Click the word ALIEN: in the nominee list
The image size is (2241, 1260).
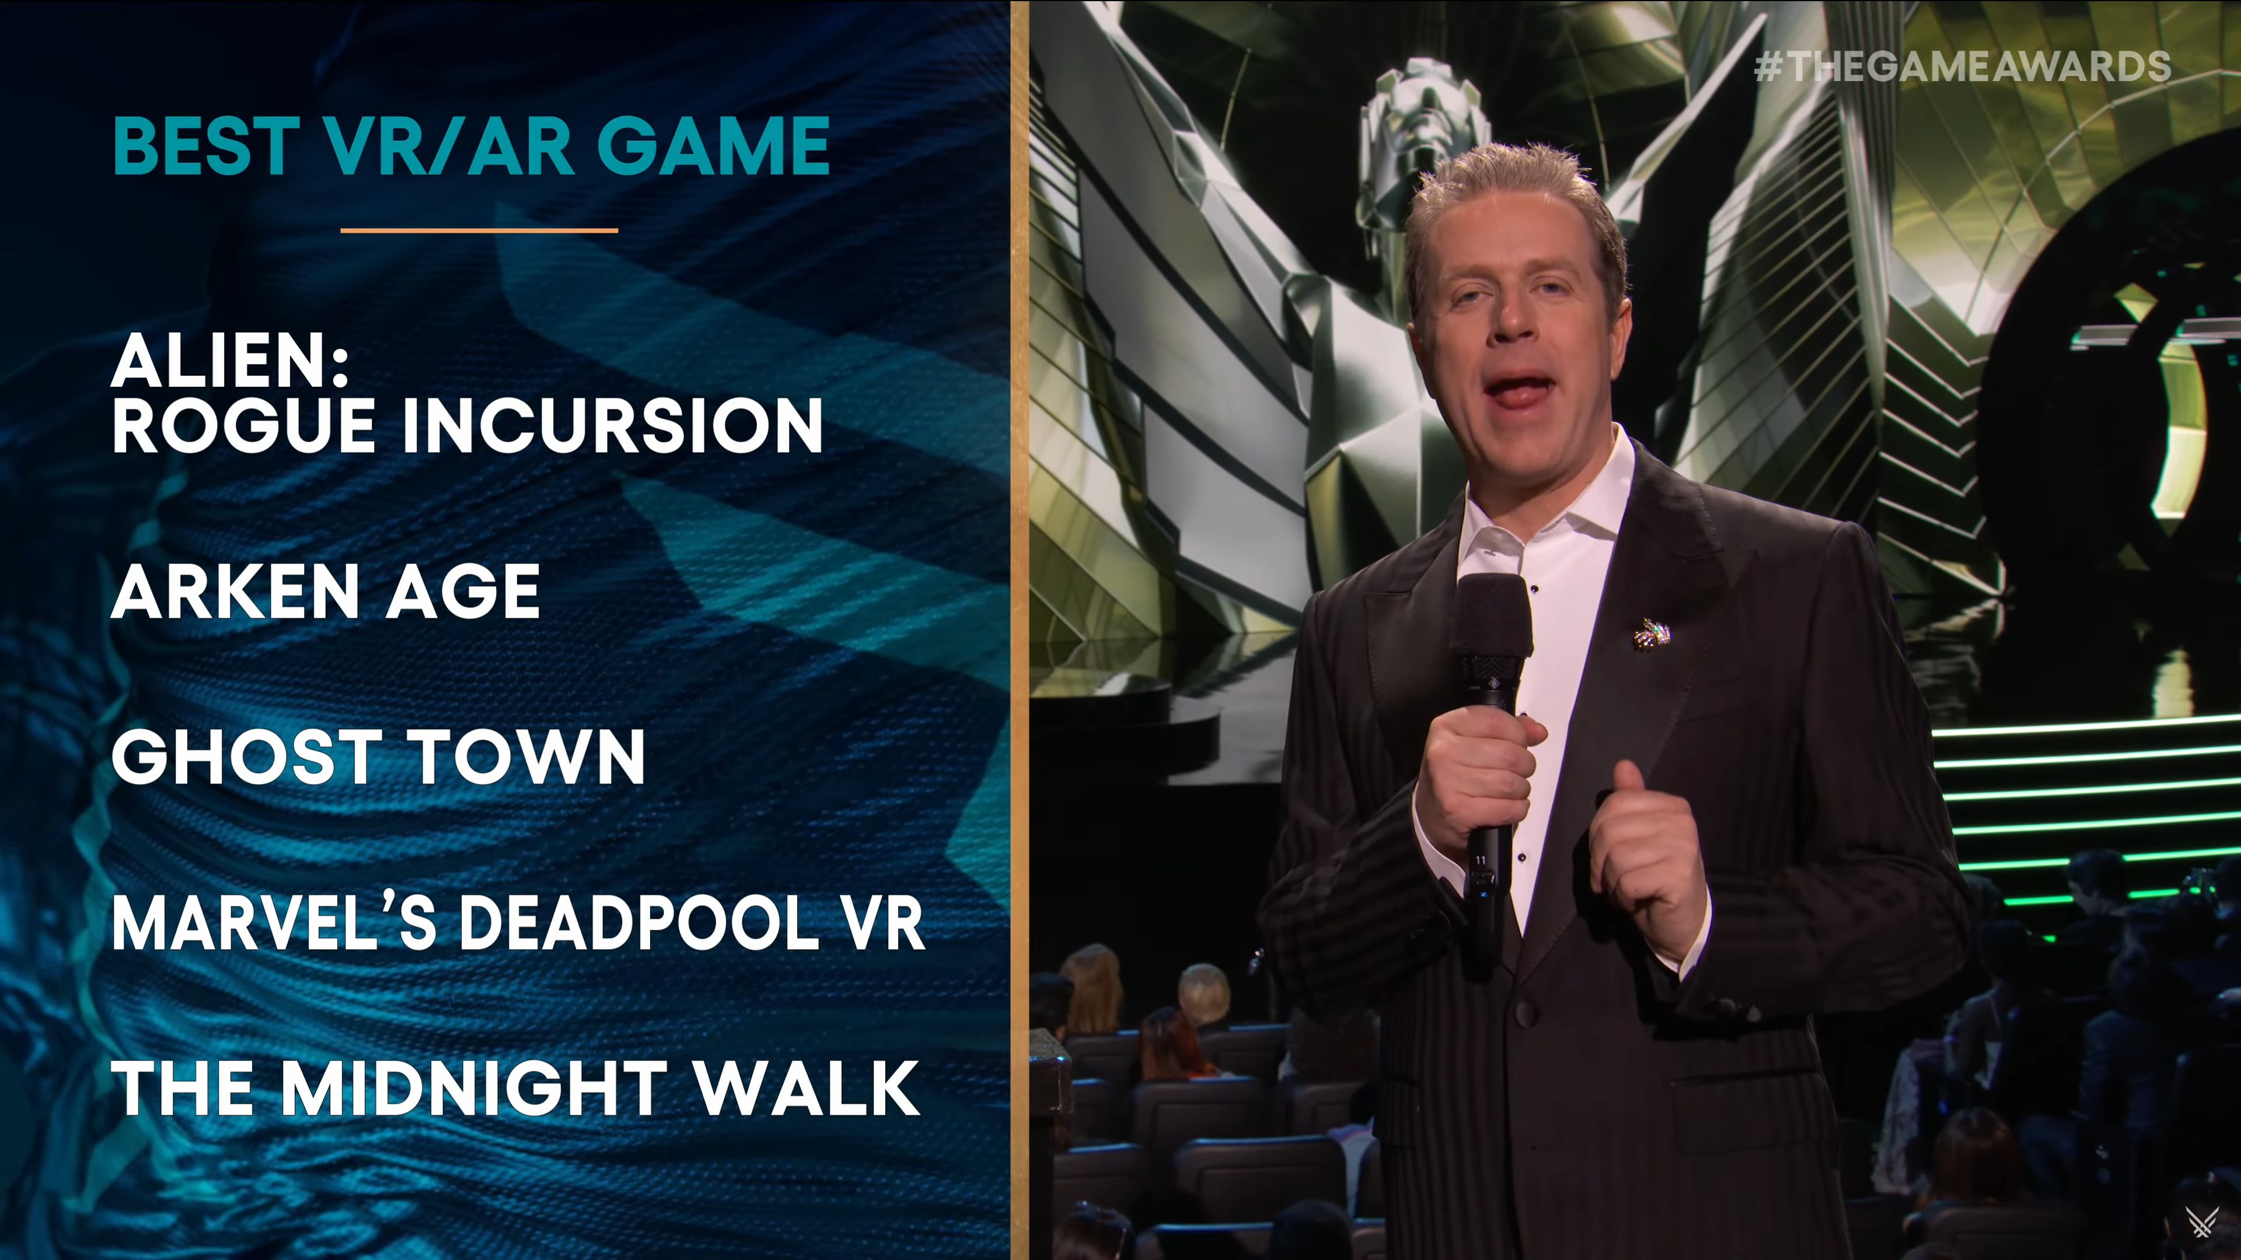coord(231,361)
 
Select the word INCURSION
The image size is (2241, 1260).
coord(612,426)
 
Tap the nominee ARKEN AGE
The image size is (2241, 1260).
coord(326,591)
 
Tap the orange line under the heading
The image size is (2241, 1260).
coord(479,230)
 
